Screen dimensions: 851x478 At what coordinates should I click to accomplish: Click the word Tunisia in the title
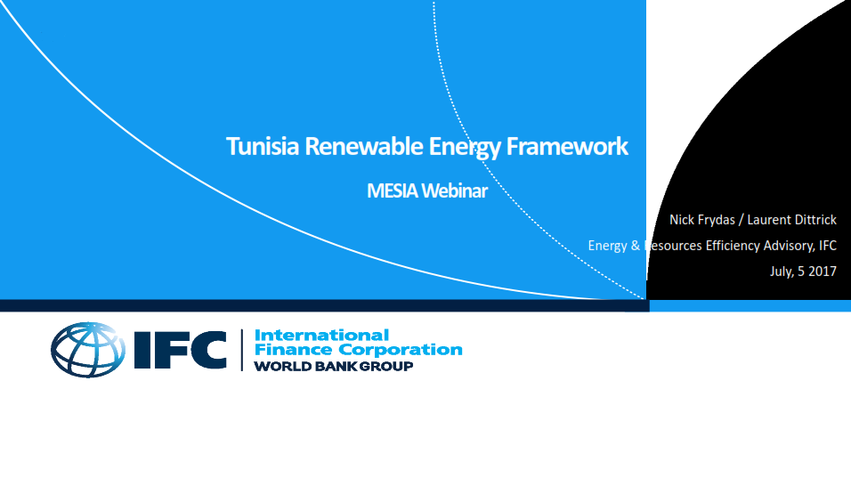(x=263, y=147)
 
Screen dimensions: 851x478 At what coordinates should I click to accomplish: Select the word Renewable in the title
(x=363, y=147)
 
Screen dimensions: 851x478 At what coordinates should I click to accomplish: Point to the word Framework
(x=567, y=147)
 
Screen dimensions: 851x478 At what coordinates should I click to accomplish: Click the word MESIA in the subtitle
(x=393, y=191)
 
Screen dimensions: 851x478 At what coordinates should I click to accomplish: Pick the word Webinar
(x=455, y=191)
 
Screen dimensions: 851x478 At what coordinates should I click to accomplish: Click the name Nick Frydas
(x=702, y=220)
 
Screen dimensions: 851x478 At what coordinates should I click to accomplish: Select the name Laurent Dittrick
(x=792, y=220)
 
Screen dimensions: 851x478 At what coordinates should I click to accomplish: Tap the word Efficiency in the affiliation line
(x=733, y=246)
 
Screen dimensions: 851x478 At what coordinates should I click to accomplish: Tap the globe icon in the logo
(x=88, y=350)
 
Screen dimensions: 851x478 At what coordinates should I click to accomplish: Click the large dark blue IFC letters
(x=180, y=350)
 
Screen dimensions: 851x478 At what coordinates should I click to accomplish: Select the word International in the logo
(x=322, y=335)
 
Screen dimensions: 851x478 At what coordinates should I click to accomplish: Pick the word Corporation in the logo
(x=403, y=350)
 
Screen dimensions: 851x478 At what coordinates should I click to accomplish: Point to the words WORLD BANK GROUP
(x=334, y=367)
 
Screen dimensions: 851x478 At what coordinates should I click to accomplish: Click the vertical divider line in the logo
(x=242, y=350)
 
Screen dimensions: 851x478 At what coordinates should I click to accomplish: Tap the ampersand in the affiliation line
(x=636, y=246)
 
